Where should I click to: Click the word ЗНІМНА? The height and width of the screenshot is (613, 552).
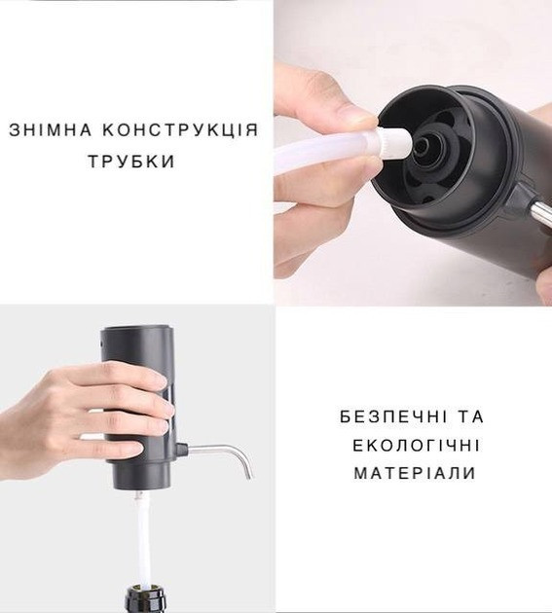click(52, 130)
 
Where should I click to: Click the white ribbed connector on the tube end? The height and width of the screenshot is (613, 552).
click(394, 146)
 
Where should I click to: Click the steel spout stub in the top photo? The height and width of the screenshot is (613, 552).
click(535, 207)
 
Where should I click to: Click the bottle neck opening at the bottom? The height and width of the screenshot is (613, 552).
click(143, 593)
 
